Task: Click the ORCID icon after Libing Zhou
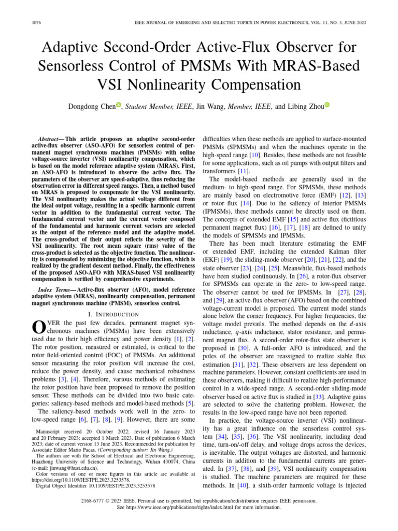[x=327, y=106]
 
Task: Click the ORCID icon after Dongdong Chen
[x=119, y=106]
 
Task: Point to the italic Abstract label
[x=50, y=139]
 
